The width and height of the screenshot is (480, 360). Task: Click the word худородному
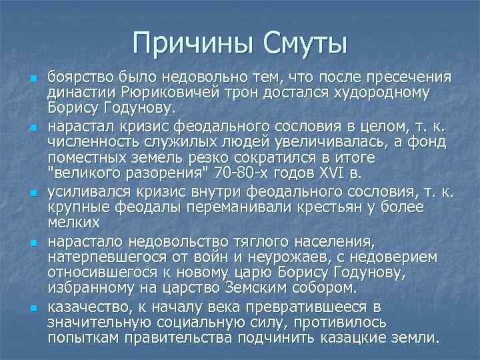pyautogui.click(x=374, y=92)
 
